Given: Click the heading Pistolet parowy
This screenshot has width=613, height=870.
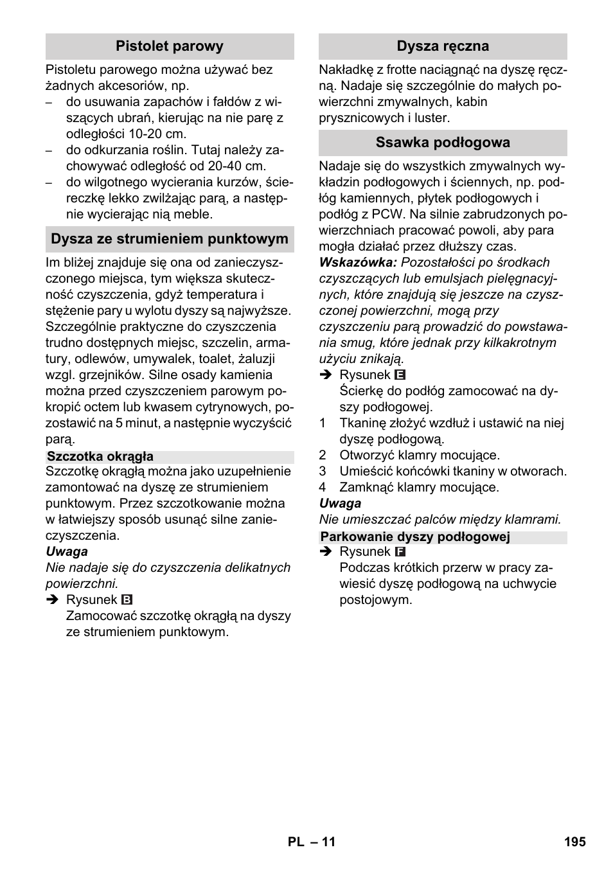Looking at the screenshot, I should (x=170, y=46).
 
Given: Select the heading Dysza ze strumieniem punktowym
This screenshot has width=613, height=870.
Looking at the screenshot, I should (x=170, y=239).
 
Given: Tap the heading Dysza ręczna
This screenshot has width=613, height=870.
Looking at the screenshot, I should (x=443, y=46).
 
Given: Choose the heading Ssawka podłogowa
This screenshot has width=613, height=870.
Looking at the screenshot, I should (x=443, y=143).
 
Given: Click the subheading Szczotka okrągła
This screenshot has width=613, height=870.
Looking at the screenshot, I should (x=100, y=457).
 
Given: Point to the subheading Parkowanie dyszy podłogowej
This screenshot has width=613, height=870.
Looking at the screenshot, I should (x=415, y=537).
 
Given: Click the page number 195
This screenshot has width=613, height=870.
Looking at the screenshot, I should (x=575, y=842).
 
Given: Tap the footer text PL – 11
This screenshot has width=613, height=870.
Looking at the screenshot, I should (x=312, y=842).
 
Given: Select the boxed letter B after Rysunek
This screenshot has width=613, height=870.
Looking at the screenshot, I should (x=127, y=600).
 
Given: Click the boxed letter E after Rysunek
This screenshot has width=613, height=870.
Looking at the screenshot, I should (x=400, y=375).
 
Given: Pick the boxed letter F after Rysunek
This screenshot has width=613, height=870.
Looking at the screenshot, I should (x=400, y=552).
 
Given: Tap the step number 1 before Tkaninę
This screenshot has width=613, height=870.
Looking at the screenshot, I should (x=323, y=423).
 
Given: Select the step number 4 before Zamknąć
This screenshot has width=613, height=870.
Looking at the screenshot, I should (x=323, y=488).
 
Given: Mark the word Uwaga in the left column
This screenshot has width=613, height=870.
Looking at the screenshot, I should (x=67, y=552).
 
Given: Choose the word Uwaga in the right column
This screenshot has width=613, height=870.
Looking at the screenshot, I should (x=340, y=504).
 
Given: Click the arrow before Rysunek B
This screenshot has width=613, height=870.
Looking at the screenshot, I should (x=51, y=600).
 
